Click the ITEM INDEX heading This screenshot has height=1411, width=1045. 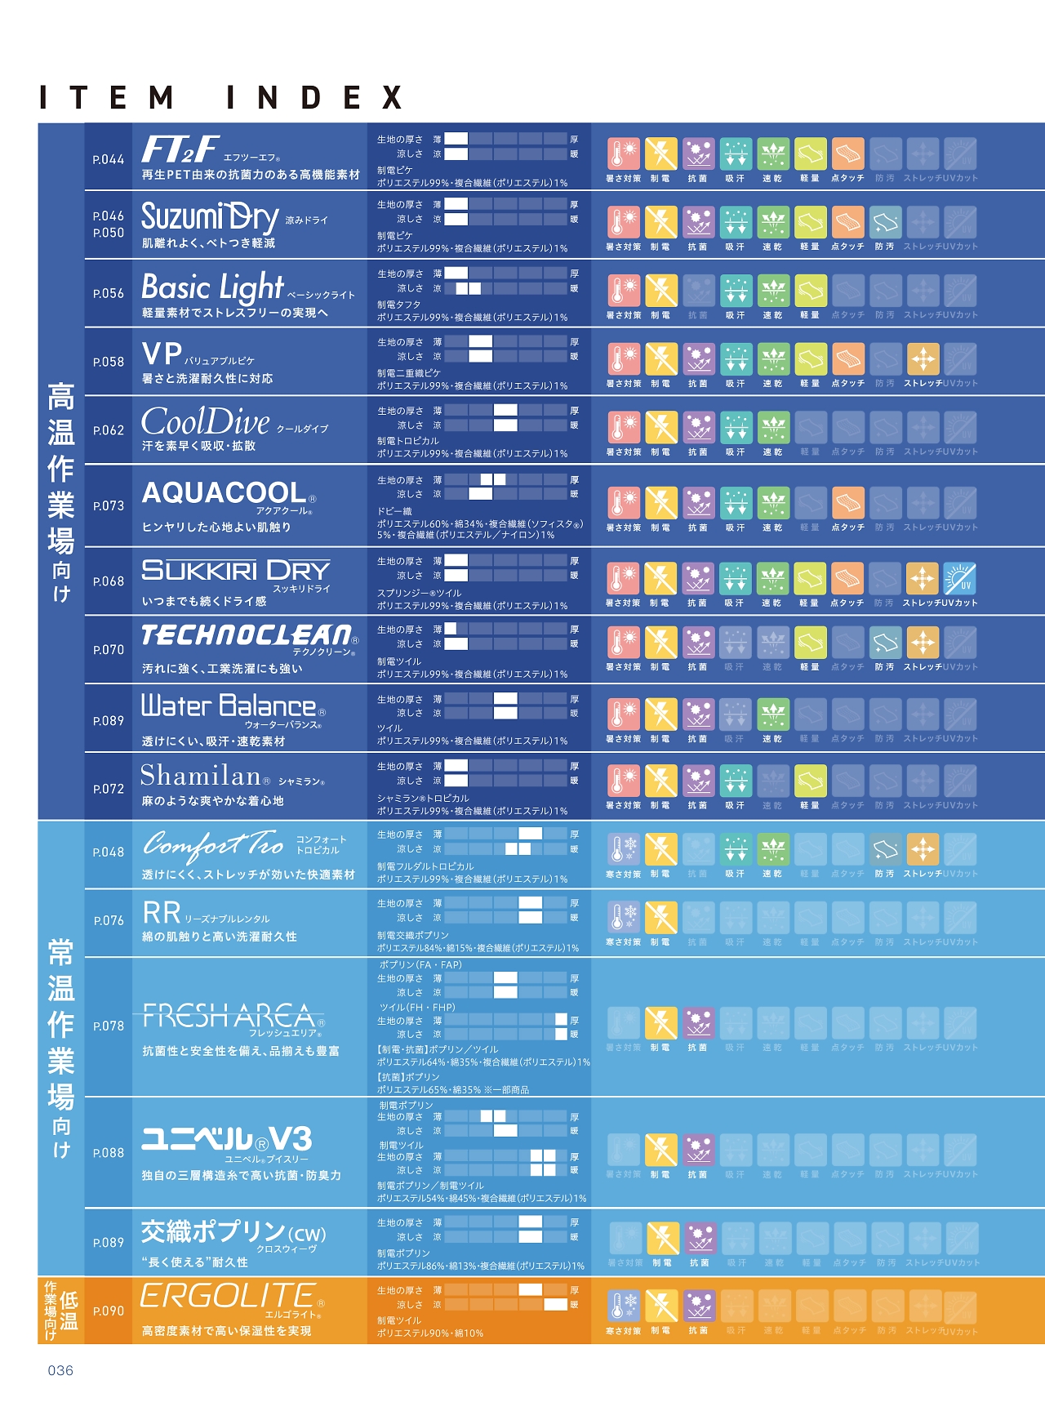(x=221, y=98)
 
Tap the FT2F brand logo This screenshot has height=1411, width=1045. (x=180, y=149)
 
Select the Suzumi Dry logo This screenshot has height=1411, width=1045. (x=210, y=217)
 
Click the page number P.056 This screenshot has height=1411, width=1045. (x=109, y=293)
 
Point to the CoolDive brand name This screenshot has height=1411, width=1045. (x=206, y=422)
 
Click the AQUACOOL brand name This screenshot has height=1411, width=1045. (x=225, y=492)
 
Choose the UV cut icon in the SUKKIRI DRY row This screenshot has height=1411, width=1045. (x=960, y=578)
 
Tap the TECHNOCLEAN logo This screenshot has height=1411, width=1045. (x=247, y=634)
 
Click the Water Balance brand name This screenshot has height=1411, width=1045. (x=229, y=705)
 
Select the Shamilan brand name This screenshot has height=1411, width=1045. (x=200, y=775)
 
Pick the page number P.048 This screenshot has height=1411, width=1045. (x=109, y=852)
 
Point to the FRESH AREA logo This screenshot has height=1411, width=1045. (x=229, y=1016)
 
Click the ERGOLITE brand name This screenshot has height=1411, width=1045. (x=228, y=1295)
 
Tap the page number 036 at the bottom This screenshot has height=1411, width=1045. (x=60, y=1370)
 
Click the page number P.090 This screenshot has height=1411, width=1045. (x=109, y=1311)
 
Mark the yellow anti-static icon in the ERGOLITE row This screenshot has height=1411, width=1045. (x=661, y=1306)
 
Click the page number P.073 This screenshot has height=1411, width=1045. (x=109, y=505)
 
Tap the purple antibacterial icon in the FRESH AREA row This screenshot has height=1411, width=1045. (x=699, y=1022)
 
